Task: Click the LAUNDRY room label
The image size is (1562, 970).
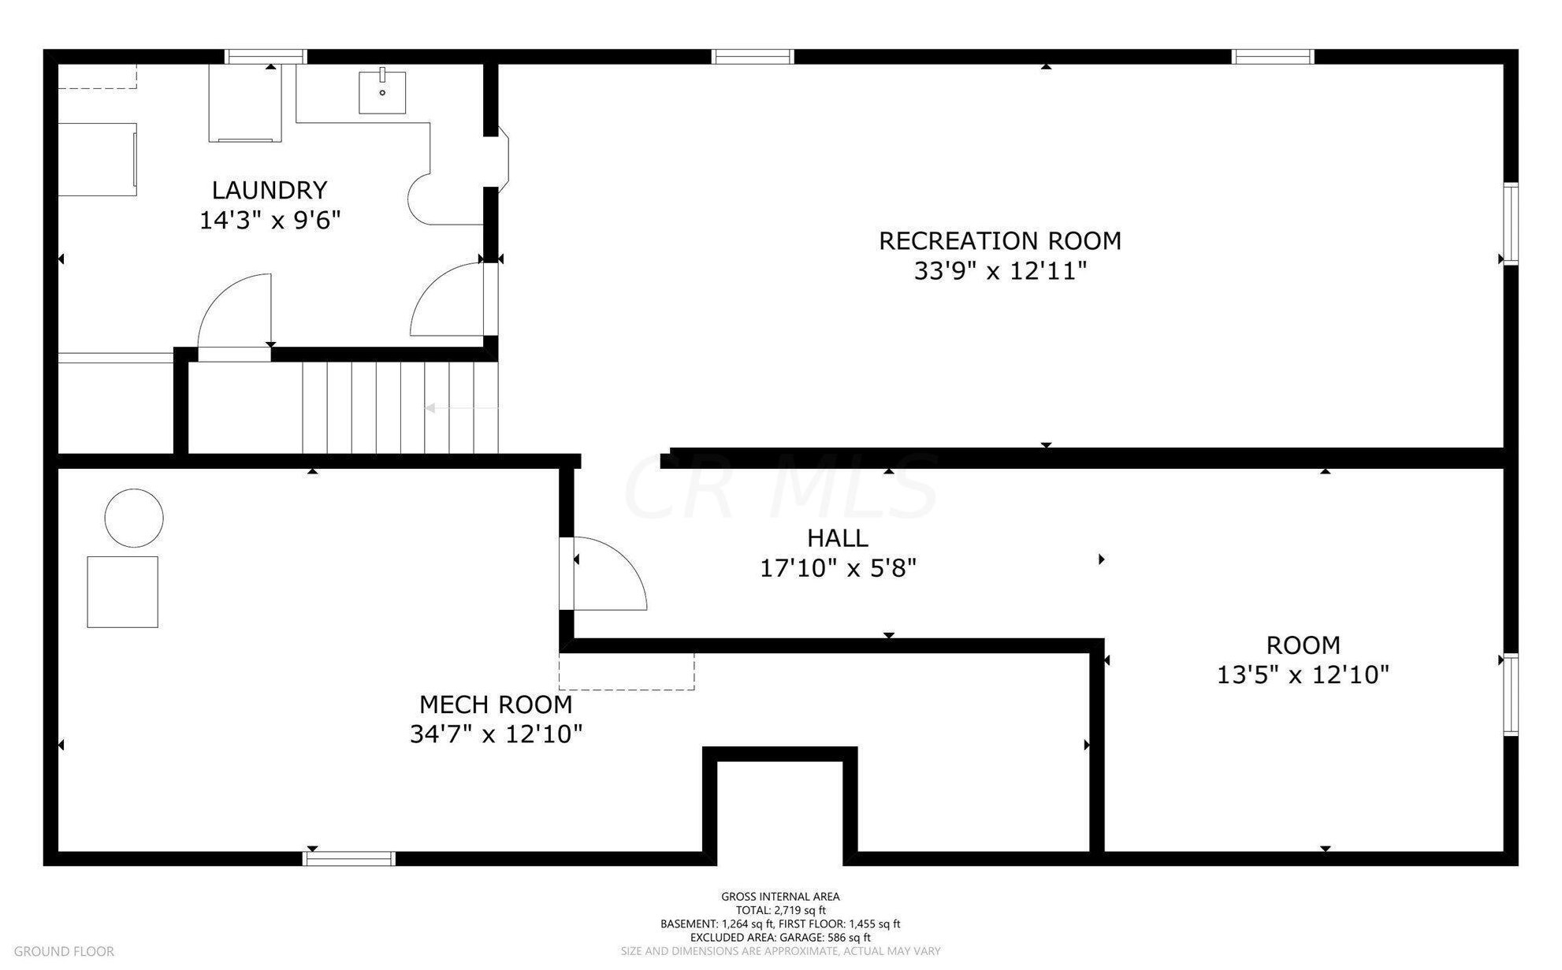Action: coord(270,190)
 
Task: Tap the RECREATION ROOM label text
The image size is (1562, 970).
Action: coord(1000,240)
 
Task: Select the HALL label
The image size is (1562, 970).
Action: coord(838,538)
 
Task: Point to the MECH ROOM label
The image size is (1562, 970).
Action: coord(496,704)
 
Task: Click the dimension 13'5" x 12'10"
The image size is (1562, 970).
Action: coord(1303,675)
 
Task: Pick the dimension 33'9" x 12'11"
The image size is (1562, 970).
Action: coord(1000,271)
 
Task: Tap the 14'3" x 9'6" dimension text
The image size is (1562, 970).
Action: coord(270,220)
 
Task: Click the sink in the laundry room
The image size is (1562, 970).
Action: coord(382,91)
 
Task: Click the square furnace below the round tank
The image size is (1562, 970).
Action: coord(122,592)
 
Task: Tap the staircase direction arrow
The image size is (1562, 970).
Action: coord(462,408)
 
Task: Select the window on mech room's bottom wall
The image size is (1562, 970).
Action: coord(349,859)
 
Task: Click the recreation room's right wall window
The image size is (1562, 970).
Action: coord(1511,224)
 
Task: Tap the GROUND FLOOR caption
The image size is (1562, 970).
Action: coord(64,952)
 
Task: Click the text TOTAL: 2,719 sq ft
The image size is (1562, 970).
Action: coord(780,910)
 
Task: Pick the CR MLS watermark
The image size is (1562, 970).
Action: coord(780,487)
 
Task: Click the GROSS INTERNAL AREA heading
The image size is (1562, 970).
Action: coord(780,897)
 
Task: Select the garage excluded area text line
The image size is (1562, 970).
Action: coord(780,938)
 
